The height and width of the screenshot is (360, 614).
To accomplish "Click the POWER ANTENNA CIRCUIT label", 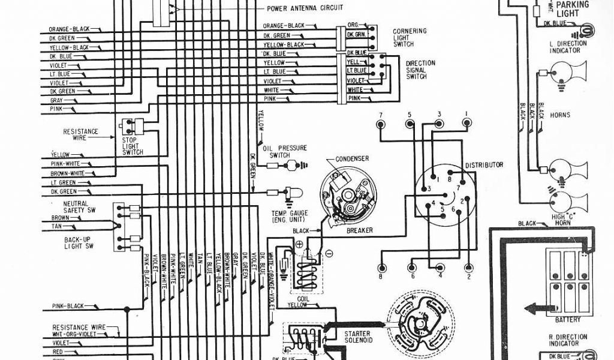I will coord(305,8).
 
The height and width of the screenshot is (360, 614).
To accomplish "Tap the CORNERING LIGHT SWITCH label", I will coord(410,37).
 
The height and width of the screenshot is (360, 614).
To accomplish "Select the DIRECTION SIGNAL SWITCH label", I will coord(420,70).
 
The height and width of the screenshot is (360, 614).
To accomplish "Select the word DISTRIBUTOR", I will coord(483,165).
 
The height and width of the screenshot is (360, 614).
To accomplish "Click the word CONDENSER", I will coord(352,159).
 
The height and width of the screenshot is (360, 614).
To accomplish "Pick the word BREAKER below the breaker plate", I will coord(360,230).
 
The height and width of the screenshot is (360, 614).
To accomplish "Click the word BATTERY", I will coord(568,320).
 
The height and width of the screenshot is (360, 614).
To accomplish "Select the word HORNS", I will coord(560,115).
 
